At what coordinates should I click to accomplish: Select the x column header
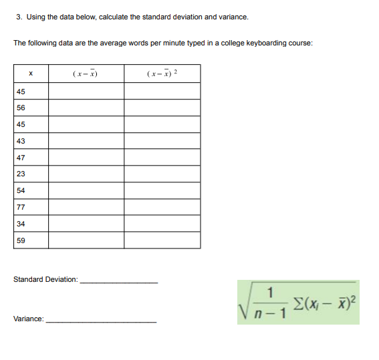(31, 73)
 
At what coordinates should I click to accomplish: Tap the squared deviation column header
(162, 73)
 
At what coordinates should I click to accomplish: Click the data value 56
(21, 108)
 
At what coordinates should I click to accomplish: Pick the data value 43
(21, 141)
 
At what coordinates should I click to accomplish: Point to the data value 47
(21, 158)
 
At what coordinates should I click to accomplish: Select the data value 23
(21, 174)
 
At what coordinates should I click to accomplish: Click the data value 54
(21, 191)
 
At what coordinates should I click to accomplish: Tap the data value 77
(21, 208)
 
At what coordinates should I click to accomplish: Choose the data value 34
(21, 224)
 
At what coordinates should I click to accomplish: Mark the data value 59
(21, 240)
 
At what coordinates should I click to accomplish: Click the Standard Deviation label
(45, 279)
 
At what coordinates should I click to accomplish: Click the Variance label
(29, 320)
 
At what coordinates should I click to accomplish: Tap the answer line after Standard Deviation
(118, 283)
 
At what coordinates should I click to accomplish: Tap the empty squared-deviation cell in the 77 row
(162, 208)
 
